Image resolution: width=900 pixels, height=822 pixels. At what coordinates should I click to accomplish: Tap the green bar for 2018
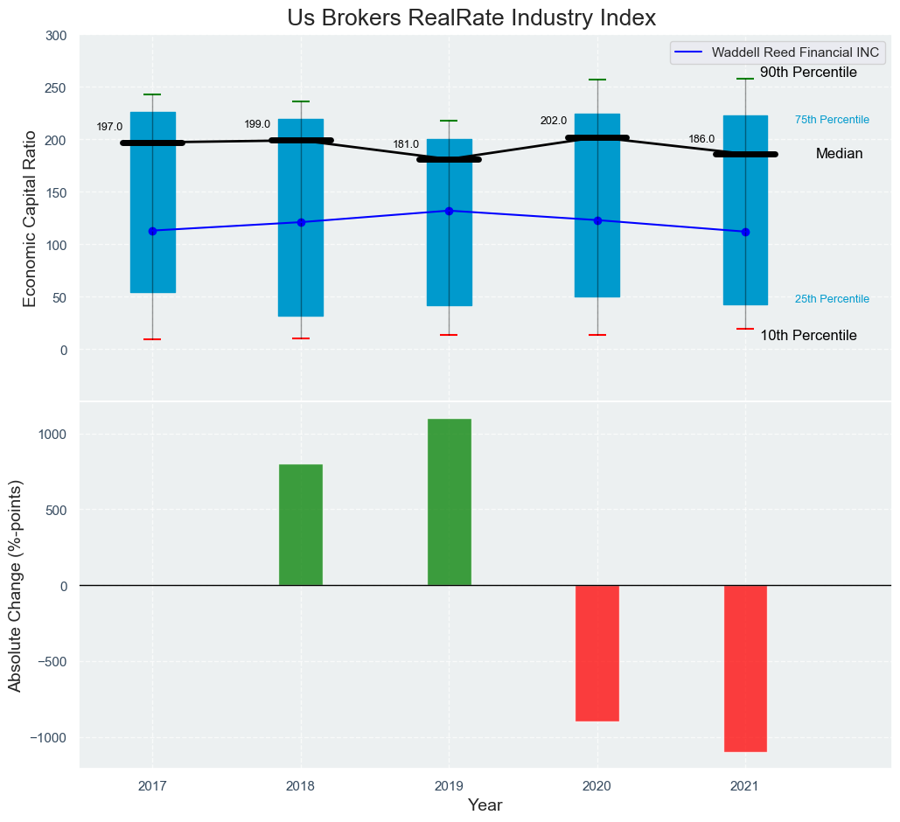[301, 525]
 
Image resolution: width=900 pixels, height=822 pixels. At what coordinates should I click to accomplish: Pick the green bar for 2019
[450, 502]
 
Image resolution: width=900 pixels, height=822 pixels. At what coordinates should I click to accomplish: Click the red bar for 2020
[597, 653]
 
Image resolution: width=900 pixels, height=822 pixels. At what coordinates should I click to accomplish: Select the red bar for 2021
[745, 668]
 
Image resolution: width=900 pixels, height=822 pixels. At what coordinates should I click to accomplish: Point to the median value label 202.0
[554, 121]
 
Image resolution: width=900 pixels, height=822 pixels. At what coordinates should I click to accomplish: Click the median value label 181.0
[406, 144]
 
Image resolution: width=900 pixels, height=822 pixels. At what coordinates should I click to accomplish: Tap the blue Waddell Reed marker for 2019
[450, 211]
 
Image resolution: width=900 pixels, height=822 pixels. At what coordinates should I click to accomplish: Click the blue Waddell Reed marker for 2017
[152, 231]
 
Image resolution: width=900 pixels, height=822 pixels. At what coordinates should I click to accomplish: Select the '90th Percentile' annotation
[808, 73]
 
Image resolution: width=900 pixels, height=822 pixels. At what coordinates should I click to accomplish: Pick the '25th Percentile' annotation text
[832, 299]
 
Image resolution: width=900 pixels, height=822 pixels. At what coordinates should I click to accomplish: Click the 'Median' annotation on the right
[839, 154]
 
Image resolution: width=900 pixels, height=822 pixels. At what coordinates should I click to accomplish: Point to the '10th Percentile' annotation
[808, 336]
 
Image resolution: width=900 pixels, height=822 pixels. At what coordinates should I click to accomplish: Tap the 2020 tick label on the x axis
[597, 787]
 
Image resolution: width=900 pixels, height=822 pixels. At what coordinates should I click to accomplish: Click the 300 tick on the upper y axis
[56, 36]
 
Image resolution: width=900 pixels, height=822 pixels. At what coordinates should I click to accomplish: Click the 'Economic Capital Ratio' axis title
[30, 219]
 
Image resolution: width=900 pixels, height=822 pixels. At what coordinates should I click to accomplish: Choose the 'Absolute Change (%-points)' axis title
[16, 585]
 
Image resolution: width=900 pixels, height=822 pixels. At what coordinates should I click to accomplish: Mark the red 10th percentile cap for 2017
[152, 339]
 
